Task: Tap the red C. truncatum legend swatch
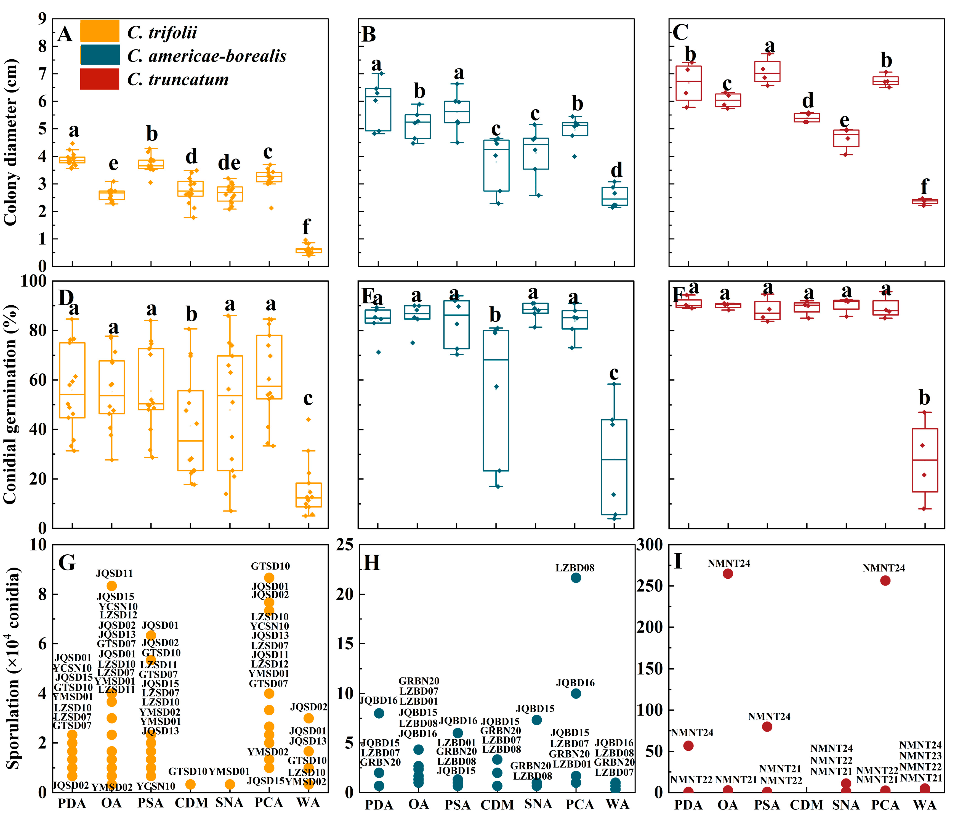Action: point(100,79)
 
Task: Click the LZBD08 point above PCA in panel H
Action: point(576,578)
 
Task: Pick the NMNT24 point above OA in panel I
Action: point(728,574)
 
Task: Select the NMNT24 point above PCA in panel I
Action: point(885,581)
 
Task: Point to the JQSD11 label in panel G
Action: point(114,574)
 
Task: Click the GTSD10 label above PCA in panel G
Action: point(270,566)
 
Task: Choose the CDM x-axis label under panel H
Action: point(497,805)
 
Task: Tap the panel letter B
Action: point(369,35)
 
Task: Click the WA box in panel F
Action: point(925,460)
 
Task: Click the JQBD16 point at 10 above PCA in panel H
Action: point(576,693)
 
